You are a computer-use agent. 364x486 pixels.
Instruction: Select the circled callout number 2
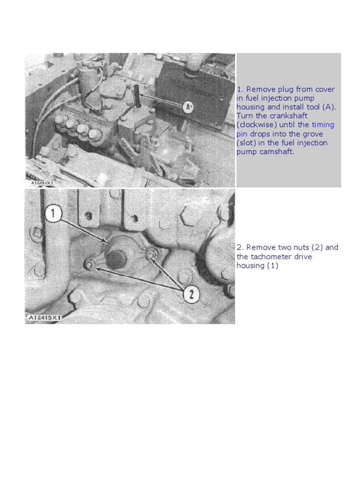(x=191, y=295)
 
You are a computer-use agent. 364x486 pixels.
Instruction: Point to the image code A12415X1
(x=44, y=318)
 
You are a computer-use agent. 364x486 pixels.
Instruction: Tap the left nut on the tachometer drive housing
(x=89, y=264)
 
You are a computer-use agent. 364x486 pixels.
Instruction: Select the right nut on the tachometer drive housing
(x=150, y=255)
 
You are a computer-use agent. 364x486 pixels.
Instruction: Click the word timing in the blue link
(x=323, y=125)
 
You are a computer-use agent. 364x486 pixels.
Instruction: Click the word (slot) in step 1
(x=246, y=143)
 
